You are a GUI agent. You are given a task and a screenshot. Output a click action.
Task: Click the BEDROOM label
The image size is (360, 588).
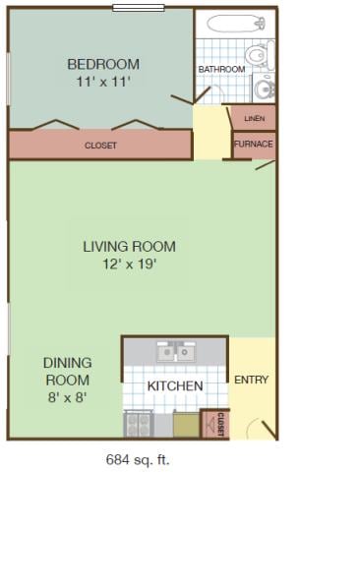tap(103, 64)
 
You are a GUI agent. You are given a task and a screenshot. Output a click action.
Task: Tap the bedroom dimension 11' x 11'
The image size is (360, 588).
tap(103, 82)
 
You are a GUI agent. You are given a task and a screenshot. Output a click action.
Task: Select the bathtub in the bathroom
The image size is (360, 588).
tap(236, 24)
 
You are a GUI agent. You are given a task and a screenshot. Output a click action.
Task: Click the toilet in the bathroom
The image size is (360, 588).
tap(260, 55)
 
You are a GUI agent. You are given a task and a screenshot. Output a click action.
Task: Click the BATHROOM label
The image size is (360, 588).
tap(221, 70)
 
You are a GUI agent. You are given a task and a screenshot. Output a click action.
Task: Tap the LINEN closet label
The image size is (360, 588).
tap(254, 119)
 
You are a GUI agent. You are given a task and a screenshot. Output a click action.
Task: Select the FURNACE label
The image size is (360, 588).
tap(254, 144)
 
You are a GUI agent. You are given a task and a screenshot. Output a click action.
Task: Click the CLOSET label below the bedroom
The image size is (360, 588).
tap(100, 146)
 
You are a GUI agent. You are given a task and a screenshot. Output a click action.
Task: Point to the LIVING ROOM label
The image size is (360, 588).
tap(130, 247)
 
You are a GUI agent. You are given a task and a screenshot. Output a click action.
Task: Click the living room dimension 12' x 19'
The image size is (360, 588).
tap(130, 264)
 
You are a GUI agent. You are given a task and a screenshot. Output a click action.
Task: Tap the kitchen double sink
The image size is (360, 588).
tap(176, 352)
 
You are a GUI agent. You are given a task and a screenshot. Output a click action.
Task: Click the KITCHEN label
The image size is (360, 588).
tap(175, 385)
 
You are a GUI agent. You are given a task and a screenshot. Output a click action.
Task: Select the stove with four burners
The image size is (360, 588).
tap(139, 424)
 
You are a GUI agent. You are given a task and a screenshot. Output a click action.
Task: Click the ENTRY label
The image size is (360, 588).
tap(251, 380)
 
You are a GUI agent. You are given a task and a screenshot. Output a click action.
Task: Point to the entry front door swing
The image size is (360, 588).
tap(263, 429)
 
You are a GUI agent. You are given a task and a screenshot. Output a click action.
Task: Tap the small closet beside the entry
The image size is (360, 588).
tap(215, 424)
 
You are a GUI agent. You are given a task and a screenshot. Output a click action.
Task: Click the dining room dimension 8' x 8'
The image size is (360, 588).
tap(68, 397)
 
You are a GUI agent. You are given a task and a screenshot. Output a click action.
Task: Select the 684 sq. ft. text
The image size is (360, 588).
tap(138, 459)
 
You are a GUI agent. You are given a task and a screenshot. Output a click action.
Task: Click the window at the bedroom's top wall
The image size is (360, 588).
tap(139, 8)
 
